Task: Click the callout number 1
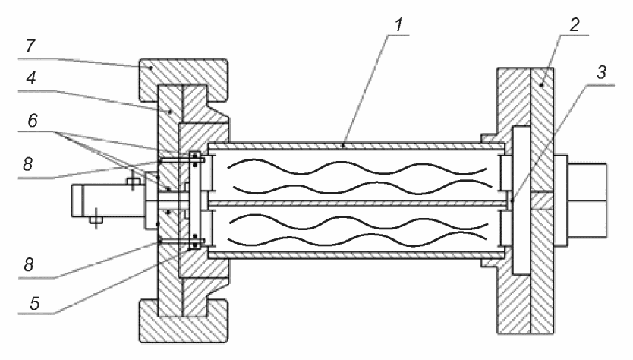click(x=398, y=24)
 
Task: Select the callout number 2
click(x=575, y=24)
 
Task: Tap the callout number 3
click(x=602, y=73)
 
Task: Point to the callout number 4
click(x=31, y=77)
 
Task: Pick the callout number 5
click(x=35, y=303)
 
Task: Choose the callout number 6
click(x=33, y=121)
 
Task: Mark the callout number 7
click(x=30, y=46)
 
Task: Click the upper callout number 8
click(x=27, y=165)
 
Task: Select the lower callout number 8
click(x=28, y=265)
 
